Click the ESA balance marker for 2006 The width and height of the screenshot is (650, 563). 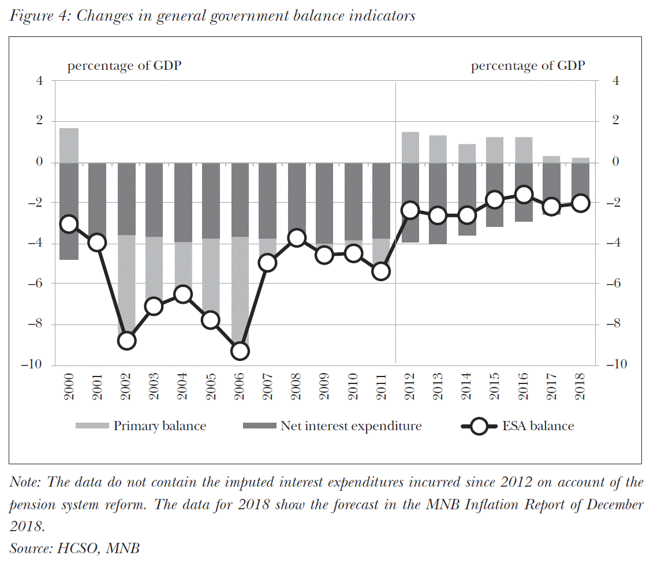[240, 351]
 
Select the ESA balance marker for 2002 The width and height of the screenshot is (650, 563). [126, 341]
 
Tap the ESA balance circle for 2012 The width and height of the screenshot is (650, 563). [410, 210]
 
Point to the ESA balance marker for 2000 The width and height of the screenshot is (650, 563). [69, 224]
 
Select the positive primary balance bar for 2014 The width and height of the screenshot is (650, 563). [466, 153]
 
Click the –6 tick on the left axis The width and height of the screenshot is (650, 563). [36, 284]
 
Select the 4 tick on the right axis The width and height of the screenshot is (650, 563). [615, 81]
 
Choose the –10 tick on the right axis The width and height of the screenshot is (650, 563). [618, 365]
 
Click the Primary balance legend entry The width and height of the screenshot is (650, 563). [159, 426]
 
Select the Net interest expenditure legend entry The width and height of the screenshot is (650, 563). [351, 426]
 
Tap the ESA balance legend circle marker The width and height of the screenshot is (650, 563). [479, 427]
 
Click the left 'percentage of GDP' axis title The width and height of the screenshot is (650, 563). [124, 66]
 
